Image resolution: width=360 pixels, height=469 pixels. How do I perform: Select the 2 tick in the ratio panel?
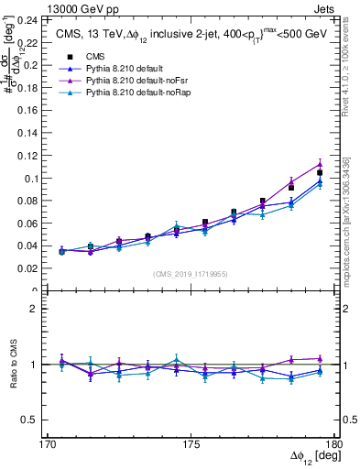point(37,309)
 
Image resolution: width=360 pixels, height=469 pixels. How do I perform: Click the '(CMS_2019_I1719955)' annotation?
point(191,273)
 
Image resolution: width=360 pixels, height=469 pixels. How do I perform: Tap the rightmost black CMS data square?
point(320,172)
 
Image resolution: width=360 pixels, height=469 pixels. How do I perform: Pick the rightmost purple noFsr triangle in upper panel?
point(320,164)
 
